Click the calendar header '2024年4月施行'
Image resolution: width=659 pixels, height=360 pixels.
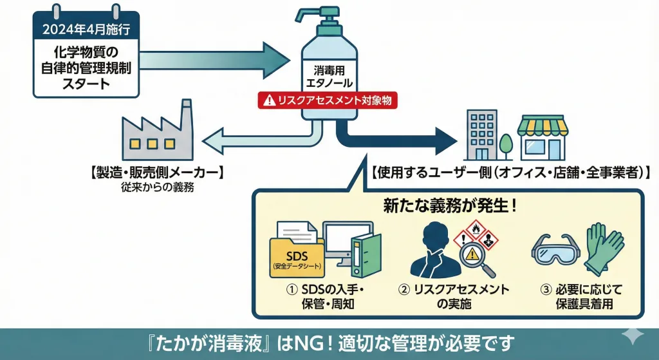[86, 29]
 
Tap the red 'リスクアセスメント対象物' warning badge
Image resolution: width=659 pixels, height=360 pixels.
[328, 100]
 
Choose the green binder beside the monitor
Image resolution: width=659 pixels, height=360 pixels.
[366, 255]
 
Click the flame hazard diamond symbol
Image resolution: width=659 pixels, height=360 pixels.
[477, 229]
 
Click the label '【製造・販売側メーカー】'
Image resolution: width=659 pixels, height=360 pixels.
[156, 173]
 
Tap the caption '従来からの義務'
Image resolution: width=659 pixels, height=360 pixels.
[156, 188]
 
